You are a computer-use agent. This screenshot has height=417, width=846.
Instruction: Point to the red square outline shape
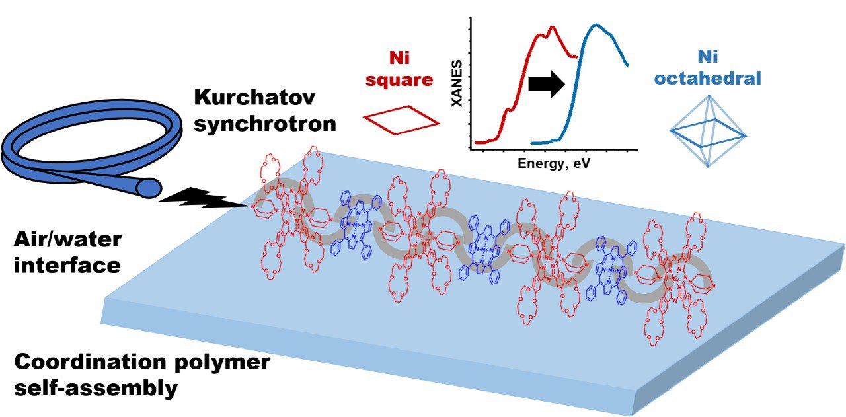pyautogui.click(x=401, y=120)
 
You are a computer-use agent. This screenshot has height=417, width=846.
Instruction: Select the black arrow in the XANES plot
pyautogui.click(x=546, y=84)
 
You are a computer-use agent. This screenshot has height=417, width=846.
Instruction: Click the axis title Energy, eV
pyautogui.click(x=554, y=163)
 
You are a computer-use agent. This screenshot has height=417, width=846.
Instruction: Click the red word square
pyautogui.click(x=401, y=80)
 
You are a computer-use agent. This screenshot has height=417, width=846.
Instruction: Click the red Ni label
pyautogui.click(x=399, y=57)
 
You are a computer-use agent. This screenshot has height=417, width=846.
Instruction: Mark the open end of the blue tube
pyautogui.click(x=148, y=189)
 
